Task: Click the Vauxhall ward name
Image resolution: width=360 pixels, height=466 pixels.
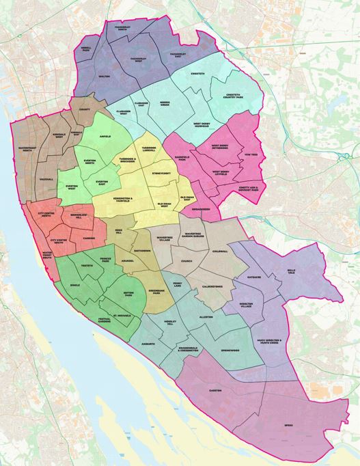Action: click(x=46, y=178)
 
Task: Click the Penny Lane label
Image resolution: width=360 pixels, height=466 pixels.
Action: click(x=179, y=284)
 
